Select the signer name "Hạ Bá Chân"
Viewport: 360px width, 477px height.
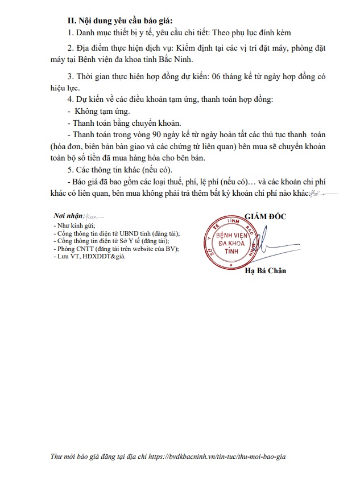tap(265, 271)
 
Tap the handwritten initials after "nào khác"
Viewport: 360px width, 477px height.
tap(317, 194)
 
